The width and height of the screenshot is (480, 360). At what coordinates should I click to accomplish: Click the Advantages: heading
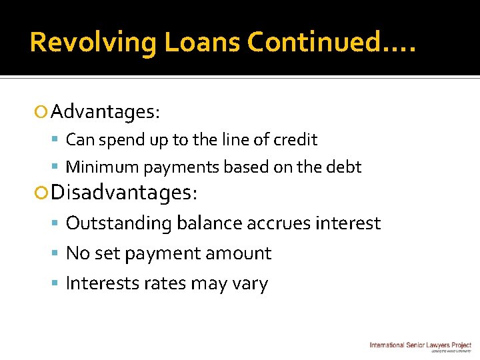pyautogui.click(x=105, y=111)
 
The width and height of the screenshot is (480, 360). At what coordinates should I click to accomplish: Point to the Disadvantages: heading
pyautogui.click(x=124, y=193)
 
